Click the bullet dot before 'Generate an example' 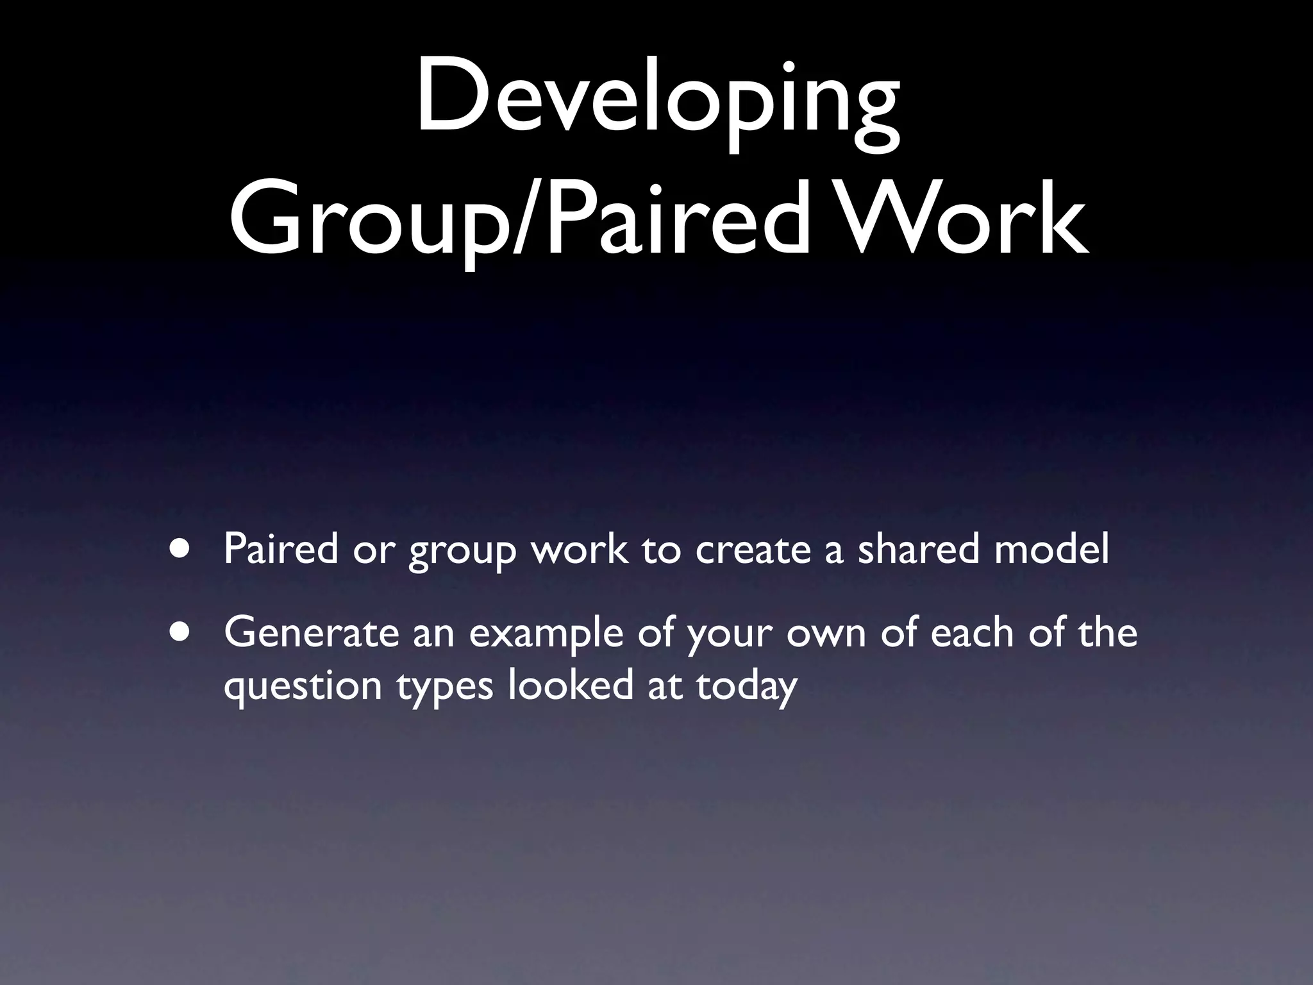pyautogui.click(x=180, y=632)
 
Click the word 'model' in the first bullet pyautogui.click(x=1051, y=549)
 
